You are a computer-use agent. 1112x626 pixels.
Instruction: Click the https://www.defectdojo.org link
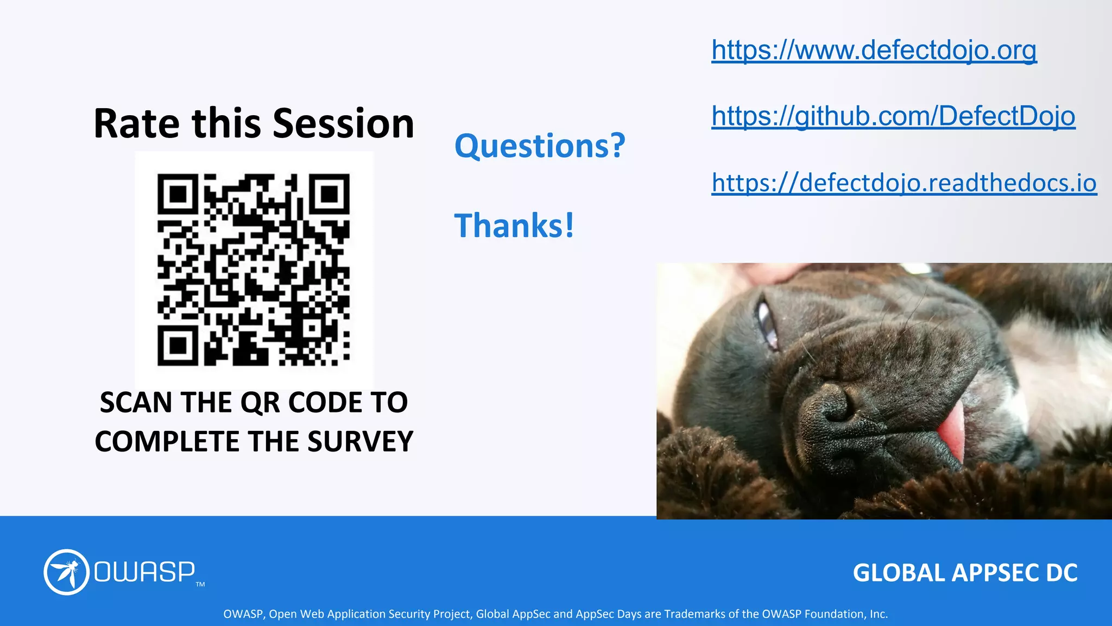(874, 50)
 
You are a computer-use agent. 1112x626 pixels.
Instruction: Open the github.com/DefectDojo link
(893, 116)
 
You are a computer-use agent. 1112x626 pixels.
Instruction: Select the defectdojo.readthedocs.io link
(903, 183)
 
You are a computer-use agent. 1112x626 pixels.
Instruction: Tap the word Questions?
(540, 146)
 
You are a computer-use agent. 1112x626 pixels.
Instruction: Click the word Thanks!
(514, 226)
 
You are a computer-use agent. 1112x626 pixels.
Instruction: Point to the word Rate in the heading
(136, 124)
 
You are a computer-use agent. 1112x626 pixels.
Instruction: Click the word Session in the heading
(343, 124)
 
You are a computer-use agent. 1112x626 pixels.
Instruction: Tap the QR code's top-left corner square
(177, 193)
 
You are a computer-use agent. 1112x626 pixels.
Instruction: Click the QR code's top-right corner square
(330, 193)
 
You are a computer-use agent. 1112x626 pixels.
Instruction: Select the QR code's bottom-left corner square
(177, 346)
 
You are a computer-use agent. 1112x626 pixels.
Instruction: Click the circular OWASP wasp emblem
(66, 572)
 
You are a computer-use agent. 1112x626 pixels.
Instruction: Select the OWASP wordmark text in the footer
(144, 572)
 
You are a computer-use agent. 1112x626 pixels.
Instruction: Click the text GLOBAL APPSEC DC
(965, 573)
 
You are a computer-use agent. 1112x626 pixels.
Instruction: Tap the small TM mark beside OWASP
(200, 585)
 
